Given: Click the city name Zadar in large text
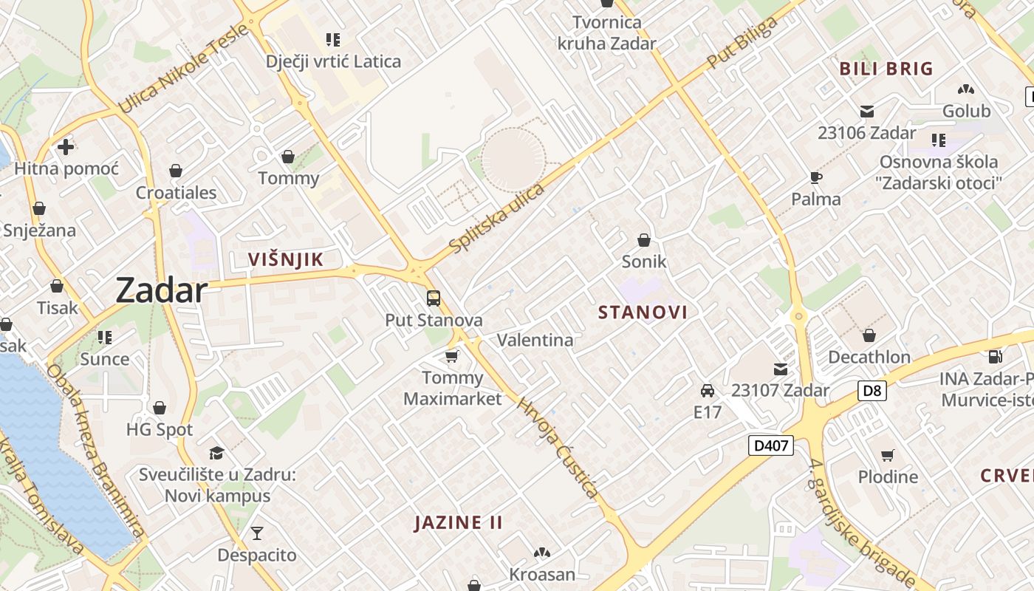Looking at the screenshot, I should pyautogui.click(x=161, y=290).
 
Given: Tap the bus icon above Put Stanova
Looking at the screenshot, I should pyautogui.click(x=434, y=298).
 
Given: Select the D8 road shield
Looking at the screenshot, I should pyautogui.click(x=872, y=390).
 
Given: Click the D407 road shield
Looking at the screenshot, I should pyautogui.click(x=770, y=445).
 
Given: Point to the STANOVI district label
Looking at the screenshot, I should pyautogui.click(x=643, y=312).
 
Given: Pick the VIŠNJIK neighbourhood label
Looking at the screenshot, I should pyautogui.click(x=286, y=259).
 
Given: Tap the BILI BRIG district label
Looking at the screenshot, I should pyautogui.click(x=886, y=69).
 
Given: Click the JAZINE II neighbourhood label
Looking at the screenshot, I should pyautogui.click(x=458, y=523).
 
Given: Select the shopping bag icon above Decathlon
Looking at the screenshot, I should pyautogui.click(x=869, y=335).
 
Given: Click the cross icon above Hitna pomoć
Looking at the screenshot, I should pyautogui.click(x=66, y=146).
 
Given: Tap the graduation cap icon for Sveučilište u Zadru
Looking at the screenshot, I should pyautogui.click(x=216, y=453).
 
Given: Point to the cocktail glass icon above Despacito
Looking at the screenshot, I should pyautogui.click(x=256, y=533).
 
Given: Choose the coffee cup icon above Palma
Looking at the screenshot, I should pyautogui.click(x=815, y=177).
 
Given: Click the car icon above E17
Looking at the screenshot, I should pyautogui.click(x=707, y=390).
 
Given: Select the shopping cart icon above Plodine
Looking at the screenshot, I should pyautogui.click(x=888, y=455).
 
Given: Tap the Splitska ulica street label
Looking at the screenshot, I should pyautogui.click(x=496, y=218).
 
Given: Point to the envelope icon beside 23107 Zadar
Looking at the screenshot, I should pyautogui.click(x=781, y=369).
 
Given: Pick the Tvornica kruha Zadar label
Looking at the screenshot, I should pyautogui.click(x=606, y=33).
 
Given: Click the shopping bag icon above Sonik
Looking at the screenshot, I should pyautogui.click(x=644, y=239).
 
